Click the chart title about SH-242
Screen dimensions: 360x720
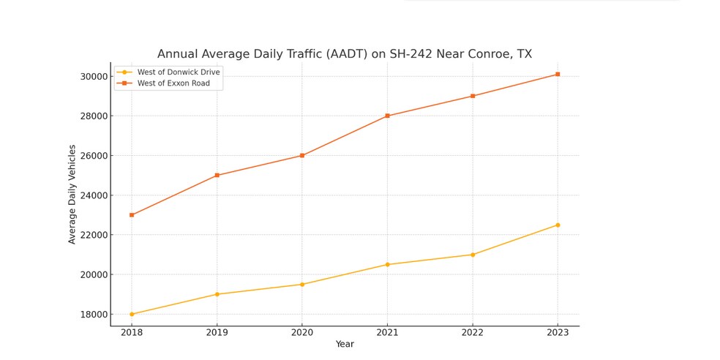coord(344,54)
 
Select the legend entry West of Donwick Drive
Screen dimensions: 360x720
coord(179,72)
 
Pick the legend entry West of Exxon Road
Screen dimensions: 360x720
coord(173,83)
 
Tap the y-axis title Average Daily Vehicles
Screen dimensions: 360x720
coord(72,194)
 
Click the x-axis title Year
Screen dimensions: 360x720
coord(345,344)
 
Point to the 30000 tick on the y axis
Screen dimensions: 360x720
coord(94,76)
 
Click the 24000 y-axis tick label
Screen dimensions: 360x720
coord(94,195)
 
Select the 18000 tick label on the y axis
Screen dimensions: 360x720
coord(94,315)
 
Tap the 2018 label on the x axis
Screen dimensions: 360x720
coord(132,331)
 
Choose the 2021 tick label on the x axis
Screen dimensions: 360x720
coord(387,331)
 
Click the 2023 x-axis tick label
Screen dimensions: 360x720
coord(558,331)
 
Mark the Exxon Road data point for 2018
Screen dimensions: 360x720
coord(132,215)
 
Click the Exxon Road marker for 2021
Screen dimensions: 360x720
coord(387,116)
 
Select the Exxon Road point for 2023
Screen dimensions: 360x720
coord(558,74)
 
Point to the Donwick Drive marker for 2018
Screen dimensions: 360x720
coord(132,314)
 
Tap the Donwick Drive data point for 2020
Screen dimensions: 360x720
coord(302,285)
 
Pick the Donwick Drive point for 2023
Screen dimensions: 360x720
coord(558,225)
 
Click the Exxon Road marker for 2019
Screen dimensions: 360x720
coord(217,176)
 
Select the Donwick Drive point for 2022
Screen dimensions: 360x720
coord(473,255)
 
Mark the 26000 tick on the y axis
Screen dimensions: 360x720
coord(94,156)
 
